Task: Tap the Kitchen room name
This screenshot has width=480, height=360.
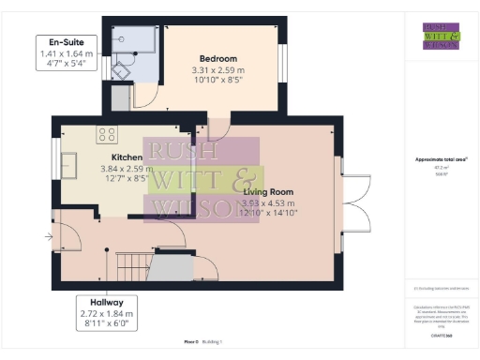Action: point(127,157)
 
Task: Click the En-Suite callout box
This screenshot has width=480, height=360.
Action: point(65,52)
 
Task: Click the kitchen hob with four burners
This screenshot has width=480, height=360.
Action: point(107,134)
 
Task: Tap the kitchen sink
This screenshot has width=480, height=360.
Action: point(70,166)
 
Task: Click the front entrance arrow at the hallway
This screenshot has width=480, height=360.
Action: point(50,236)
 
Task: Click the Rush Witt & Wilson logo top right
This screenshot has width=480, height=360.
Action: point(440,34)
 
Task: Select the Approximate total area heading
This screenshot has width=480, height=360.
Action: point(440,159)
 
